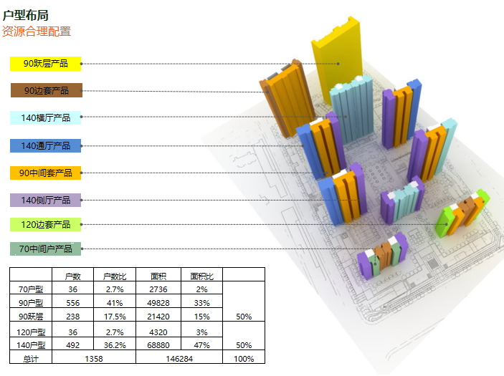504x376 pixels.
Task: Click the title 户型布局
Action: pos(26,14)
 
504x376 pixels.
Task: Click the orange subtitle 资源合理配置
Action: pos(37,32)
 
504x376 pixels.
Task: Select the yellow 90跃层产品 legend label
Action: pos(46,64)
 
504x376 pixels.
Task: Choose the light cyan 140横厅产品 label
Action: pos(46,118)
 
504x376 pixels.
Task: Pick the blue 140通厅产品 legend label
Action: pos(46,146)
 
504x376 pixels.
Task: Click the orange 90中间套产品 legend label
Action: pos(46,173)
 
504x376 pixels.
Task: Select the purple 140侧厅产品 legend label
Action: pos(46,201)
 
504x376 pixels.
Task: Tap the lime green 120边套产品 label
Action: pos(46,225)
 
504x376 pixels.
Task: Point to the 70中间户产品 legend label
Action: pos(46,249)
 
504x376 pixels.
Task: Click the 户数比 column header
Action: pos(115,276)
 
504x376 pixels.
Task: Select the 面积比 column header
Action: pos(201,276)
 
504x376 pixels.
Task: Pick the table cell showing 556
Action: pos(72,303)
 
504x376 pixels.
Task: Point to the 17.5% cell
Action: pos(115,316)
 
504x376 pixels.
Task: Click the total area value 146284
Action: pos(179,358)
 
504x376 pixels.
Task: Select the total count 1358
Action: pos(94,358)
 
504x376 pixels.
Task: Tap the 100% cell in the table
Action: pos(244,358)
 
